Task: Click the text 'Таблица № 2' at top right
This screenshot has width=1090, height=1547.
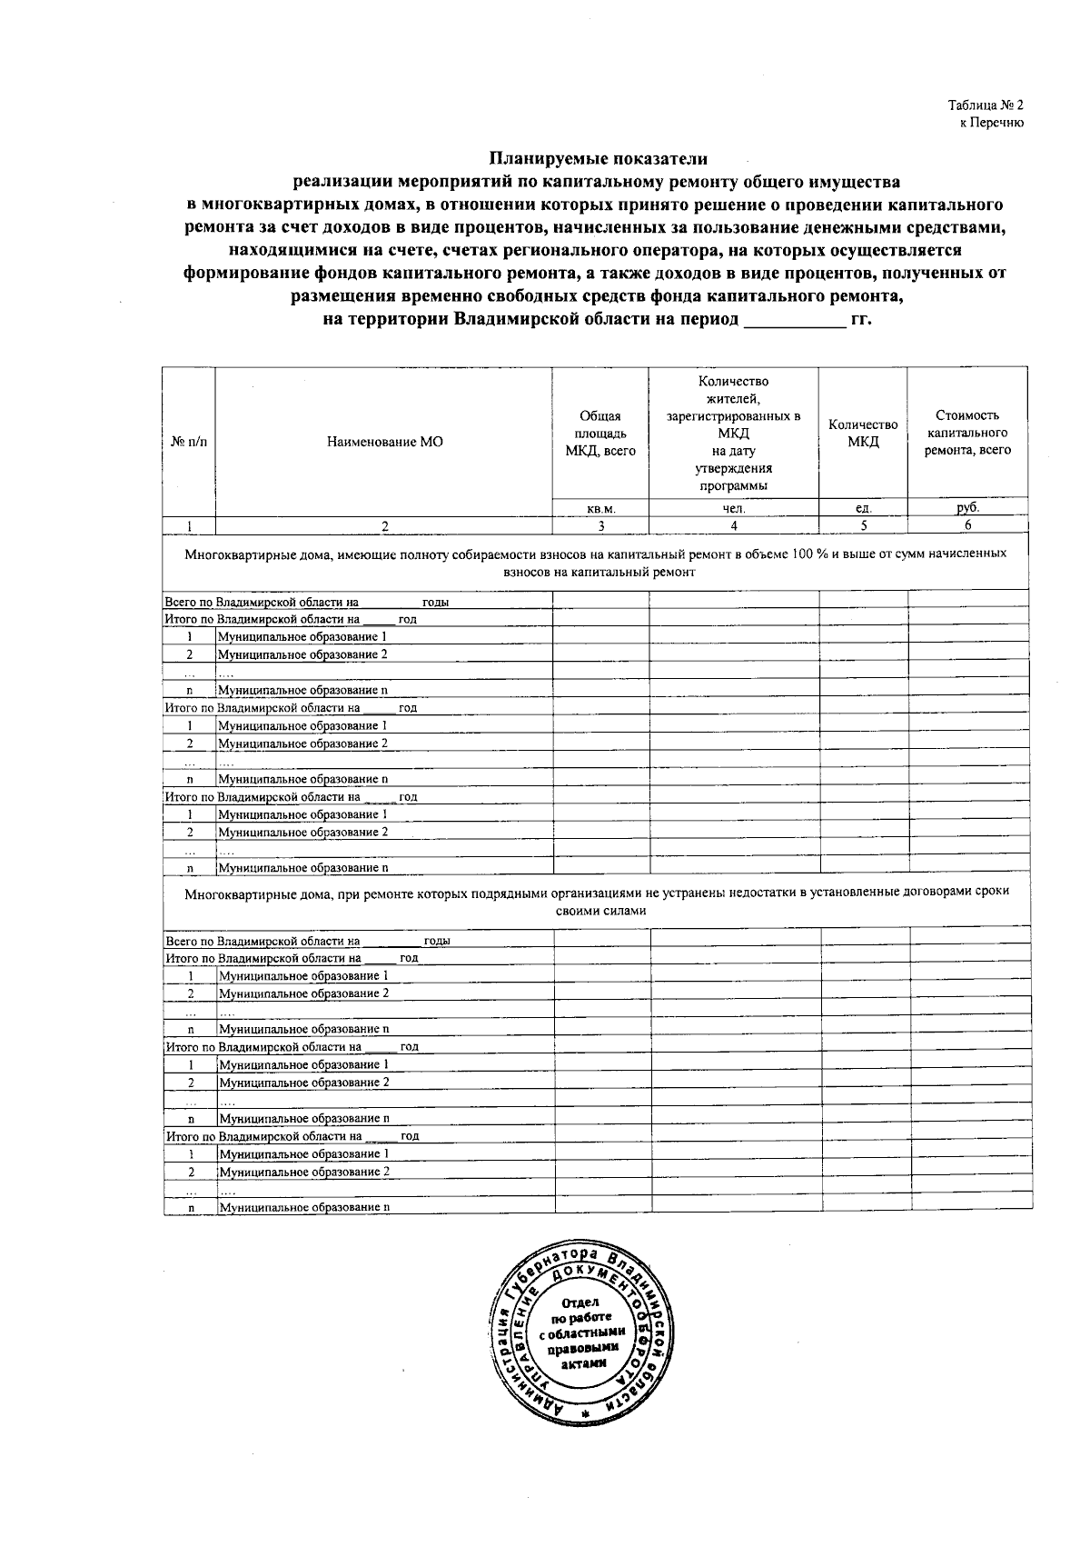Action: tap(986, 105)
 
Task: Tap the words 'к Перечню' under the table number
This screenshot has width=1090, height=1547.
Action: tap(992, 123)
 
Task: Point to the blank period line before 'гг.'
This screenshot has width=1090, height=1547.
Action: tap(794, 321)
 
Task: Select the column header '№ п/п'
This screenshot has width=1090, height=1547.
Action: tap(189, 443)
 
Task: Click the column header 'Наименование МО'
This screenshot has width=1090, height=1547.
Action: tap(384, 443)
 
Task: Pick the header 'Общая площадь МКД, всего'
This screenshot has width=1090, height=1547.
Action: tap(600, 434)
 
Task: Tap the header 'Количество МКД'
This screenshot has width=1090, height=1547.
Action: tap(863, 434)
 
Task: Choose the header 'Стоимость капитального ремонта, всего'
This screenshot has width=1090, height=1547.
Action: tap(967, 433)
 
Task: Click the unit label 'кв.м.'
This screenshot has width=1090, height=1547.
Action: tap(601, 509)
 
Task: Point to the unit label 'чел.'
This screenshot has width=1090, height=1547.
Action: tap(734, 509)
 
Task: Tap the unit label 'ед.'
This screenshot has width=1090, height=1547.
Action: tap(863, 509)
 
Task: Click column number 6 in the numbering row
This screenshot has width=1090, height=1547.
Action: tap(967, 525)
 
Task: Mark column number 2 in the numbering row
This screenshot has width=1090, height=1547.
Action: tap(384, 525)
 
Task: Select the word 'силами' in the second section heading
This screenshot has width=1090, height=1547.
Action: tap(627, 910)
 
